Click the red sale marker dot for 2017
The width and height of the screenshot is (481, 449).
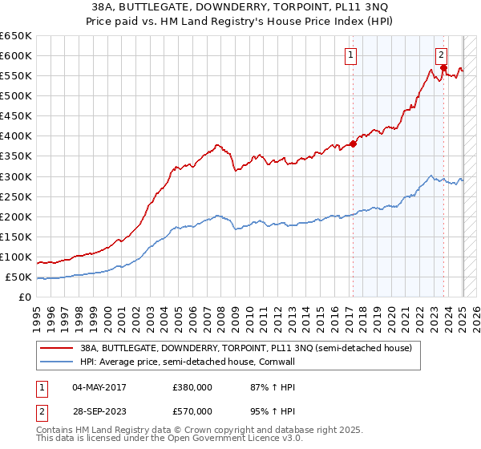(353, 144)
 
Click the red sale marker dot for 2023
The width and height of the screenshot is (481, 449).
(443, 67)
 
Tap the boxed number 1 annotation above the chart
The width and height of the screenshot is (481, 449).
(352, 55)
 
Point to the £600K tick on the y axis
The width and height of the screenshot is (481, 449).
(16, 55)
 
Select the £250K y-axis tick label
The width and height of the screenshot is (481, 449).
(16, 196)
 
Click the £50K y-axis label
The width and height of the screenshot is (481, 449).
(18, 277)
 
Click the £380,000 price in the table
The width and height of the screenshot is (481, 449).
(192, 386)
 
